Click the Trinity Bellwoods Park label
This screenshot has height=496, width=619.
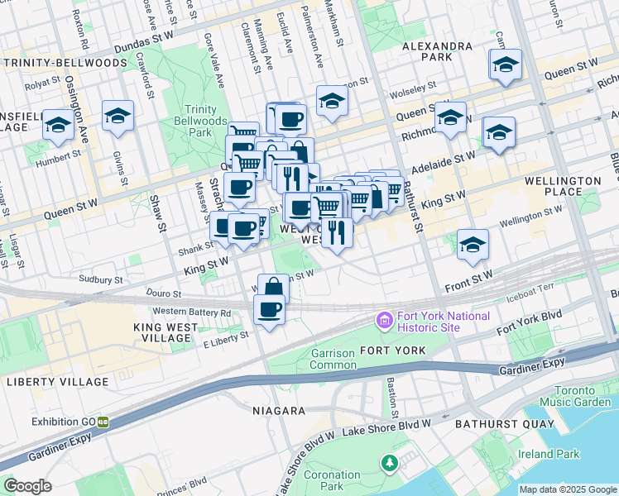click(200, 121)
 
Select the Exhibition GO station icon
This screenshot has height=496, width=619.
click(103, 421)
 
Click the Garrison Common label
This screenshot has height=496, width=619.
click(333, 359)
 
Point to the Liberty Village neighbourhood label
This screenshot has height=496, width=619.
click(57, 382)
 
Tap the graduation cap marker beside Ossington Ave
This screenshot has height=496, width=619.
click(58, 125)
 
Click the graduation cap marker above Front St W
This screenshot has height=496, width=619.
click(473, 244)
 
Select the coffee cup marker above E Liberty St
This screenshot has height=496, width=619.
click(269, 311)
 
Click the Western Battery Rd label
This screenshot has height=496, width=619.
click(192, 312)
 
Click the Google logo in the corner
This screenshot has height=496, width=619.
click(27, 486)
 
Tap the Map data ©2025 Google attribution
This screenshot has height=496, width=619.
click(566, 489)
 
